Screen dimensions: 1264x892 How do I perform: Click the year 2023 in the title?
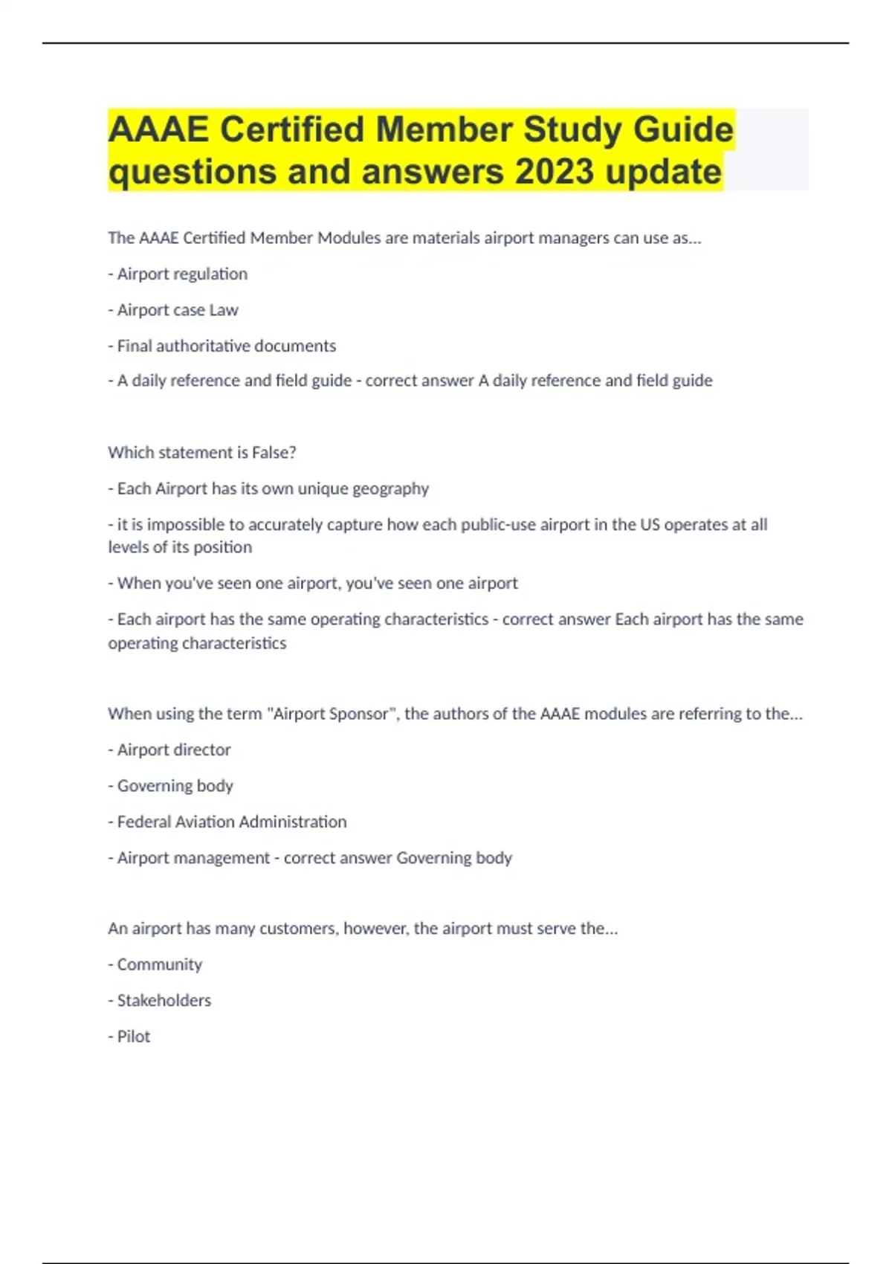[554, 172]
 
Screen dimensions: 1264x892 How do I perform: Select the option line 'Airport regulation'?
[178, 274]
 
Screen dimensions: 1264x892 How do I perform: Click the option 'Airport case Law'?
[173, 310]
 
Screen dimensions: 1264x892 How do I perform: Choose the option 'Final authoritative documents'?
[222, 346]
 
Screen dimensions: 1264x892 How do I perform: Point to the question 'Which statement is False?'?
[202, 452]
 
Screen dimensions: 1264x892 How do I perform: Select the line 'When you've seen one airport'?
[313, 583]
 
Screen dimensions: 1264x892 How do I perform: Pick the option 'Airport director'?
[169, 749]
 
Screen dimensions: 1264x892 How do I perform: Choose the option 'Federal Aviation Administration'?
[227, 822]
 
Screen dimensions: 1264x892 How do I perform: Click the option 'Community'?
[155, 964]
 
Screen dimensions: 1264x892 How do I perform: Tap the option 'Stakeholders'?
[160, 1000]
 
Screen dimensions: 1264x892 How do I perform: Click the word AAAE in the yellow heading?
[158, 129]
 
